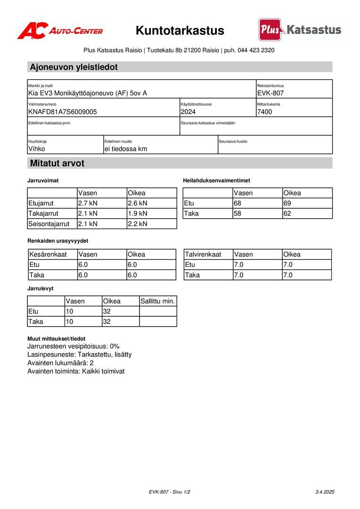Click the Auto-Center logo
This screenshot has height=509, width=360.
[60, 31]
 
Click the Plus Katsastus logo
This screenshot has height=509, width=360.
[300, 30]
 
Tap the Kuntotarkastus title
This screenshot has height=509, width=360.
[180, 31]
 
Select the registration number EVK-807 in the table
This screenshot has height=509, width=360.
[270, 93]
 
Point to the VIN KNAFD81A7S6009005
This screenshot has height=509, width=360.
[63, 112]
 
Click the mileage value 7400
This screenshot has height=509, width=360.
[265, 112]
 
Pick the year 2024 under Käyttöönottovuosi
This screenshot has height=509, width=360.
[188, 112]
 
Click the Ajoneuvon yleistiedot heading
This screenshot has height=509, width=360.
[74, 67]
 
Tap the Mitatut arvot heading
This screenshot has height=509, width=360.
[57, 164]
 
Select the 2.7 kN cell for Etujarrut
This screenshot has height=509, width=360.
[88, 203]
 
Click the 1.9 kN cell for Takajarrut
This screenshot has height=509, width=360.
[138, 213]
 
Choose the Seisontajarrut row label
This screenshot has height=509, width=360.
[49, 224]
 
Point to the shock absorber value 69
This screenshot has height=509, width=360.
[287, 203]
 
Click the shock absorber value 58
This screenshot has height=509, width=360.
[237, 213]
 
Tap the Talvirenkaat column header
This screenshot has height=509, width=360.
[203, 254]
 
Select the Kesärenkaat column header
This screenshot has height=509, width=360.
[48, 254]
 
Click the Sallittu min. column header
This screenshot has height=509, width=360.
[158, 301]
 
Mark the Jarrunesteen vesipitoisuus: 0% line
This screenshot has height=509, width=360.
[74, 346]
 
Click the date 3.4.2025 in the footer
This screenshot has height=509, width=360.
[325, 492]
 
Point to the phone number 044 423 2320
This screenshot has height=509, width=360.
[256, 50]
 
